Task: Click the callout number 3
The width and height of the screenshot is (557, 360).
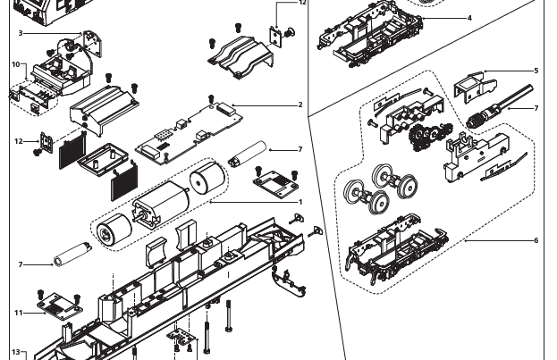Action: (x=20, y=33)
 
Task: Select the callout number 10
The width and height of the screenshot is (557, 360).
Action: (x=16, y=64)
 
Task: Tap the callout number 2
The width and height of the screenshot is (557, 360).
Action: (x=300, y=105)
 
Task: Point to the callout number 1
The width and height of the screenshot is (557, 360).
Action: (x=300, y=203)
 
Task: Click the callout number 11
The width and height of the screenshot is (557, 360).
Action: (x=18, y=313)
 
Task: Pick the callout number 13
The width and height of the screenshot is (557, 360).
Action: (x=15, y=352)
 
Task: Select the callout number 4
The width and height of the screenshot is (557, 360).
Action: (x=469, y=18)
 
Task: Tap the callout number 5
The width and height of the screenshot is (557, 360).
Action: (x=536, y=71)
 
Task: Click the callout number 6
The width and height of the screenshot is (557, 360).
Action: (x=536, y=240)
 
